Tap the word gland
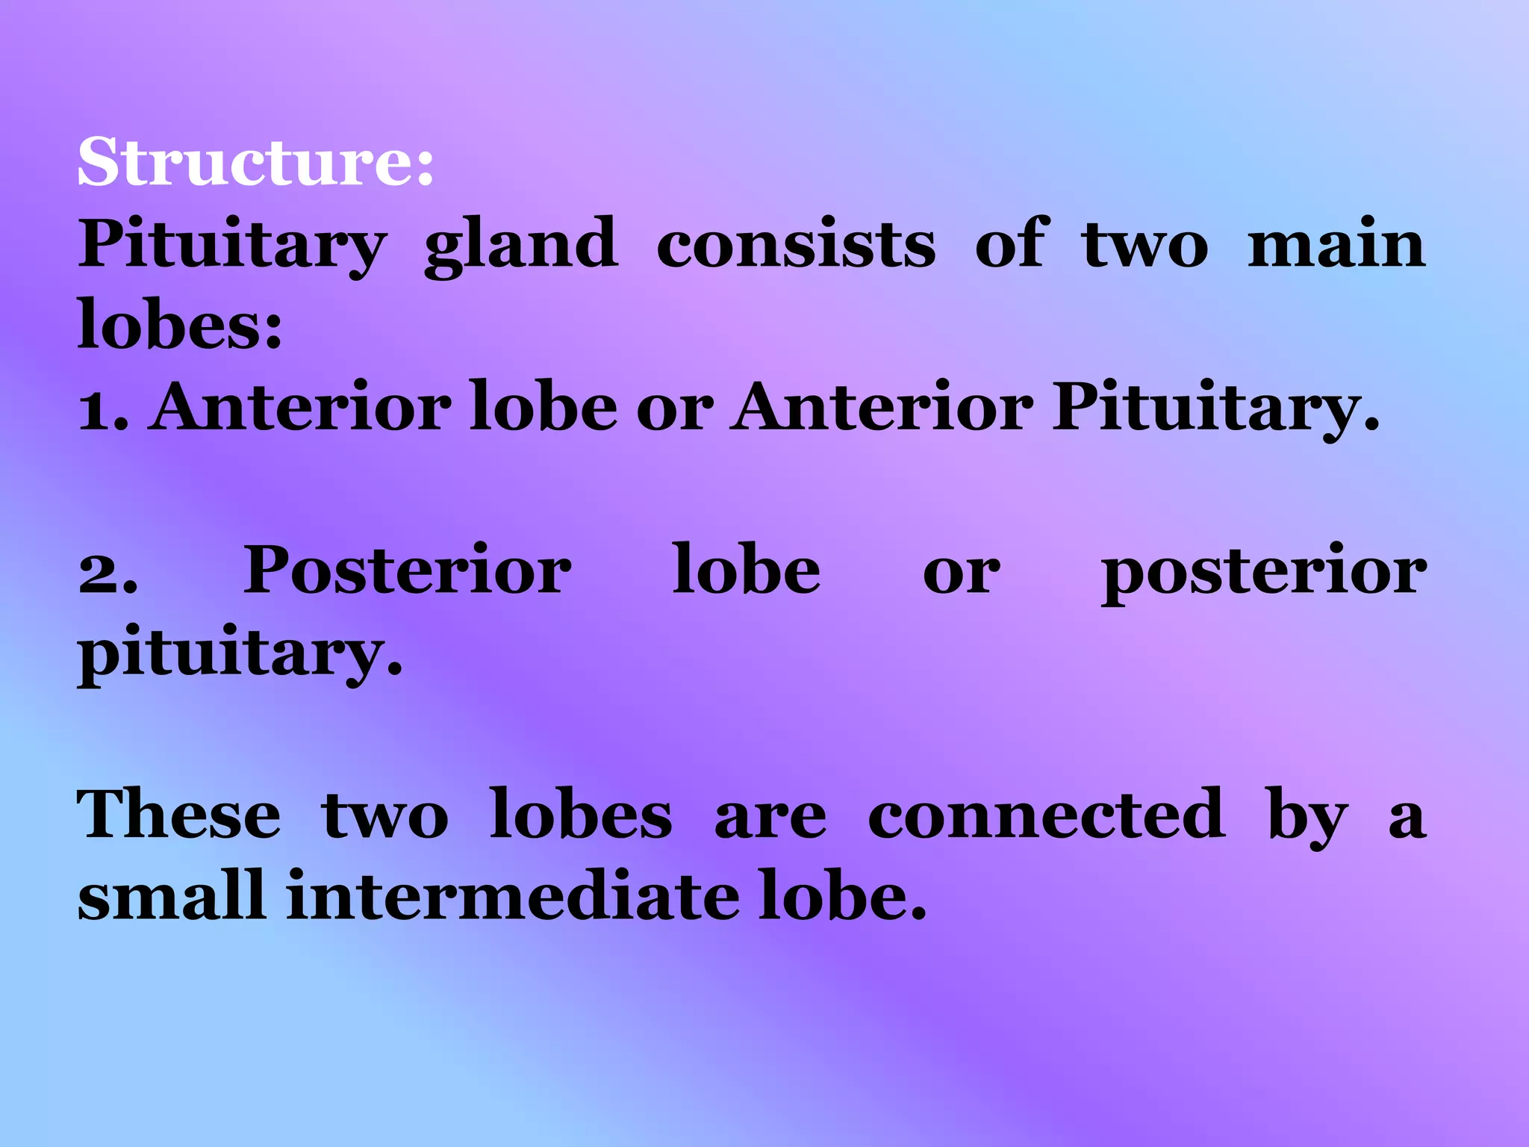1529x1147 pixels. click(x=521, y=245)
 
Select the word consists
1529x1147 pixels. click(x=796, y=245)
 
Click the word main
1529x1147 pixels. click(x=1336, y=245)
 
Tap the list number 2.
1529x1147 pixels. click(x=108, y=572)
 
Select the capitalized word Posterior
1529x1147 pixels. click(x=408, y=571)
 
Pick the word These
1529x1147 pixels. click(x=179, y=815)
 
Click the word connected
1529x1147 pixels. click(x=1046, y=815)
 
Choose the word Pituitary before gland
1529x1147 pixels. click(x=232, y=245)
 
